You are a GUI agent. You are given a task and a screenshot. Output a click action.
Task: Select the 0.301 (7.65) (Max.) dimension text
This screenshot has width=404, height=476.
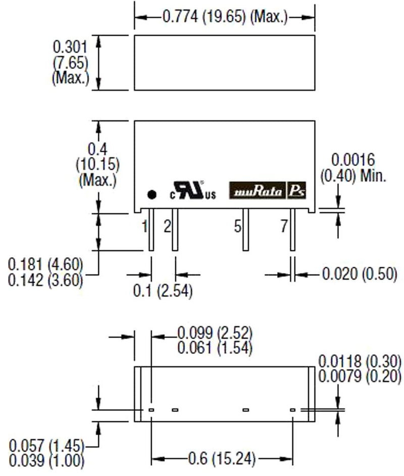tap(70, 63)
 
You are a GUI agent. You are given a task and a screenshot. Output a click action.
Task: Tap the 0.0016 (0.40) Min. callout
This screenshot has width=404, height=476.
tap(353, 168)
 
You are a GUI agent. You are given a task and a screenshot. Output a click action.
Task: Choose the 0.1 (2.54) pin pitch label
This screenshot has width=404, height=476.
tap(163, 292)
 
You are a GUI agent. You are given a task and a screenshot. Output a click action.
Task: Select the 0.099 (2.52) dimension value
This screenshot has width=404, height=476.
tap(215, 334)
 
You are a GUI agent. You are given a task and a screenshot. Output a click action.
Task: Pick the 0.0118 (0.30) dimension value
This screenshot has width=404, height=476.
tap(360, 362)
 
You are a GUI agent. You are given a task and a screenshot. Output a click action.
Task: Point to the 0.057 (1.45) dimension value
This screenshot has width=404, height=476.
tap(46, 447)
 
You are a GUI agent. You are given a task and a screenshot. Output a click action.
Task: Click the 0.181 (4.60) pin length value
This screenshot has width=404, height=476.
tap(45, 264)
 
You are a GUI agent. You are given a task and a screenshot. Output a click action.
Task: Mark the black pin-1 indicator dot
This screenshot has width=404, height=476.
tap(150, 194)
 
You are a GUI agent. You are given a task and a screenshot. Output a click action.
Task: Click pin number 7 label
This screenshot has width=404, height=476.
tap(284, 227)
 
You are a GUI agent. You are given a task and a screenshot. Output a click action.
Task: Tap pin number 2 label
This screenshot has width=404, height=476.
tap(167, 227)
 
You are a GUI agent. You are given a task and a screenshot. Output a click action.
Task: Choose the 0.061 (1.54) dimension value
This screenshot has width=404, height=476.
tap(215, 349)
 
